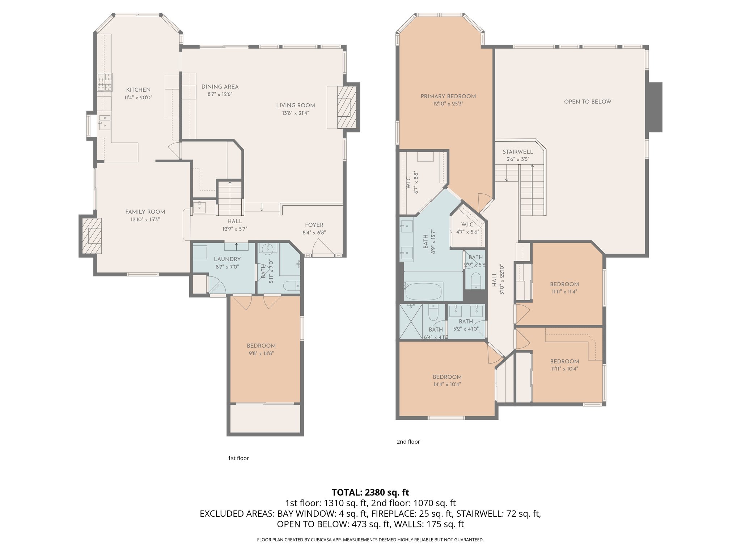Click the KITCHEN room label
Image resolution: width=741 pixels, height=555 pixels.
(138, 90)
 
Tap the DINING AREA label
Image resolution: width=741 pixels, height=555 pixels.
(220, 87)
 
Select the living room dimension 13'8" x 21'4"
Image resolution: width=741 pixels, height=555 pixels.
(295, 113)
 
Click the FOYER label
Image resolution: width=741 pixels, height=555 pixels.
(314, 225)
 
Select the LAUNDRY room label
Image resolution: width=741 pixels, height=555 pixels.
(227, 259)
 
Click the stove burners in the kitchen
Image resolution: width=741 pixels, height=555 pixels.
(105, 82)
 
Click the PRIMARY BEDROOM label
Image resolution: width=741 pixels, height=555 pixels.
(448, 96)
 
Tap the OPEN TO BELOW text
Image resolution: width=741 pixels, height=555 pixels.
(587, 102)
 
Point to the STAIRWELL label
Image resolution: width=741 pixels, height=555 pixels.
(517, 152)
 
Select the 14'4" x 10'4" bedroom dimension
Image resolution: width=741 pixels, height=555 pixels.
(447, 384)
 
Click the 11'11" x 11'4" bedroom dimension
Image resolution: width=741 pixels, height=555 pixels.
(564, 292)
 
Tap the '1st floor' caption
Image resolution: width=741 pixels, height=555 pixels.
(238, 458)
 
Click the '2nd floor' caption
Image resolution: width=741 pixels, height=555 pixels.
(408, 442)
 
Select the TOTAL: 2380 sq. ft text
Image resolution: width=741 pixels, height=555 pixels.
(370, 492)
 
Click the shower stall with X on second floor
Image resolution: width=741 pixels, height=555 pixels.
(411, 321)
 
